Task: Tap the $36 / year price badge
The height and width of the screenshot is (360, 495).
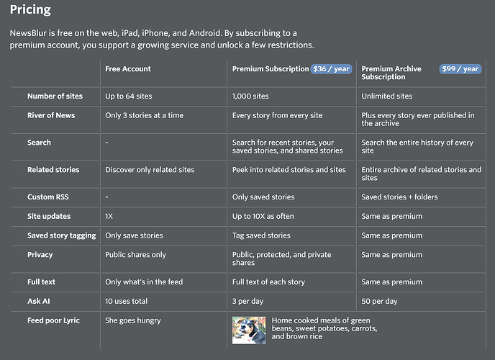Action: [x=331, y=69]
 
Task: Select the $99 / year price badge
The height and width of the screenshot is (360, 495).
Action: [x=460, y=69]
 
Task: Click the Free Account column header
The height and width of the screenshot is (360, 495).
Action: [x=128, y=69]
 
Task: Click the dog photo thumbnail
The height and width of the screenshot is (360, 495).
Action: [x=249, y=330]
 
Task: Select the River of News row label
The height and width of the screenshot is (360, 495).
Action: [x=51, y=115]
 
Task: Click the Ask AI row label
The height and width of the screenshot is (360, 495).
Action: [x=40, y=301]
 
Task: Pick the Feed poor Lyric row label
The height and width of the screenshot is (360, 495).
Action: [x=53, y=320]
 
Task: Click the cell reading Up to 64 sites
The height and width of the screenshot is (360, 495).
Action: [x=129, y=96]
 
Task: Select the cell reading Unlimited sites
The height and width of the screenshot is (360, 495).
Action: [x=387, y=96]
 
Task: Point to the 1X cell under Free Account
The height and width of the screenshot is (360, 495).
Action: [x=109, y=216]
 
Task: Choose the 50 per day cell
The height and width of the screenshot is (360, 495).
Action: [x=379, y=301]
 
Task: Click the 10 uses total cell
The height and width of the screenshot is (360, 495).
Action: [x=127, y=301]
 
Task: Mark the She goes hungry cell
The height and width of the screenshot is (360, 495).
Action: [x=133, y=320]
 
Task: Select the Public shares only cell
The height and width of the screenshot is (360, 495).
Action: [x=135, y=255]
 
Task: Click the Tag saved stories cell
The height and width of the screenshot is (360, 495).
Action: [x=261, y=235]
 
